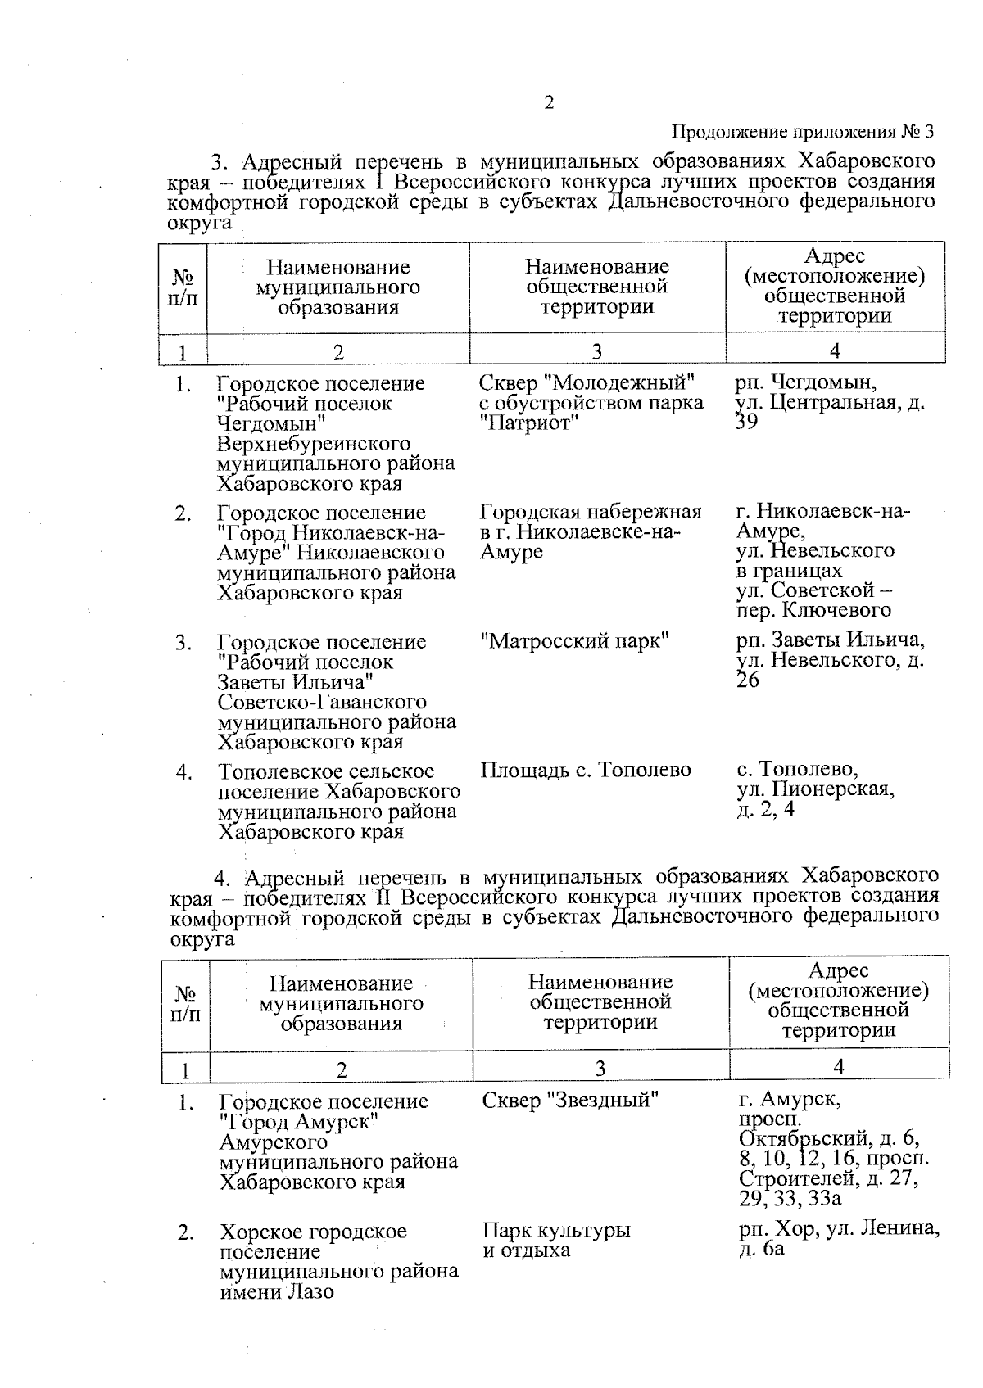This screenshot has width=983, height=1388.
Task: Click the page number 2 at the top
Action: (548, 103)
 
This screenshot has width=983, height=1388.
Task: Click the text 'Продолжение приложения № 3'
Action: (803, 132)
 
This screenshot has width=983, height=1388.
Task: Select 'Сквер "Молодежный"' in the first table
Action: (587, 383)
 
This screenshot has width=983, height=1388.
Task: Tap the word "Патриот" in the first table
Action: (529, 423)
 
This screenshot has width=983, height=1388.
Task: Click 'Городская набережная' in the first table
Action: (591, 513)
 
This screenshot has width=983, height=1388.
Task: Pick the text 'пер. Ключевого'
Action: (813, 610)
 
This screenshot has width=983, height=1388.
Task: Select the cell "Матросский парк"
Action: (575, 641)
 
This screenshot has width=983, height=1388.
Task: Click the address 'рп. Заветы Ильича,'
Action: (830, 640)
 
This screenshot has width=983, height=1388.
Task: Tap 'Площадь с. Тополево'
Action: (586, 771)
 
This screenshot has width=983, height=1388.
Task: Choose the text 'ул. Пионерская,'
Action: (815, 790)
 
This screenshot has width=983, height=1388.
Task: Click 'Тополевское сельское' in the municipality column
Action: (326, 772)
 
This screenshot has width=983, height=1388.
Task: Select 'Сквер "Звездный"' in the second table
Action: (571, 1100)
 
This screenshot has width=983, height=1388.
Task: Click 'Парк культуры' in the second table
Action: (556, 1231)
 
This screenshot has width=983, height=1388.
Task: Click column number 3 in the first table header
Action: (597, 351)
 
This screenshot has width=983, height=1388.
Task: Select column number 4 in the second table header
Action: (839, 1066)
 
